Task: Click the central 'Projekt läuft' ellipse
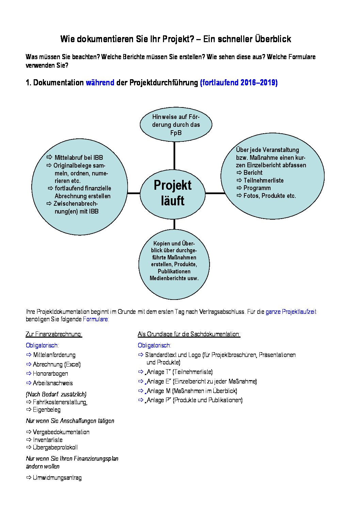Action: point(173,193)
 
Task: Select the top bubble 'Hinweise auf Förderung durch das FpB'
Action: point(176,124)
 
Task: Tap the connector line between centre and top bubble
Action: point(174,155)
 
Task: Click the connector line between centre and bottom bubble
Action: point(174,224)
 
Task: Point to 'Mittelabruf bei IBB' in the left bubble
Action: point(78,158)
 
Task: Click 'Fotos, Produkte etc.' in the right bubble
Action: point(269,196)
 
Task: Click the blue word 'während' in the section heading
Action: point(100,83)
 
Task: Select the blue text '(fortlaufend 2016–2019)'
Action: point(239,83)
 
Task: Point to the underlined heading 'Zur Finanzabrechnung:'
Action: point(54,334)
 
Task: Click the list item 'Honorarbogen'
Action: point(50,374)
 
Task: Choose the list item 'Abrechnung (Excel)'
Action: point(57,364)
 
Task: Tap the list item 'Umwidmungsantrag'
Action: point(57,478)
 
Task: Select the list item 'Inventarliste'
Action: point(48,440)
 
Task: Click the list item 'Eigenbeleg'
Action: point(47,410)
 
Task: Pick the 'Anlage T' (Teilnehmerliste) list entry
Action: point(179,372)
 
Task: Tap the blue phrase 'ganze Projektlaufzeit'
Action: point(291,312)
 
